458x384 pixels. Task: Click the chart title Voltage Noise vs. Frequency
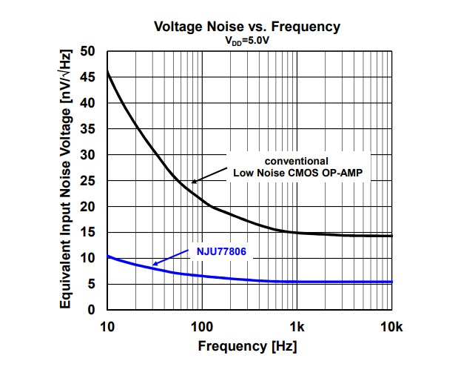[247, 27]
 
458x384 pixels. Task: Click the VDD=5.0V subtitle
[246, 42]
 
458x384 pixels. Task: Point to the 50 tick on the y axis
[87, 52]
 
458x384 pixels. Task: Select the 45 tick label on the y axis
[87, 78]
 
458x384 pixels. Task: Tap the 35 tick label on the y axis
[87, 129]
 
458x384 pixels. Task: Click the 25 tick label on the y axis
[87, 181]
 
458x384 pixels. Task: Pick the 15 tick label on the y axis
[87, 233]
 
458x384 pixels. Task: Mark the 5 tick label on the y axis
[91, 284]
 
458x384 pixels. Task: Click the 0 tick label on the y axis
[91, 310]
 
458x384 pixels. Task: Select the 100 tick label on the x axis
[201, 327]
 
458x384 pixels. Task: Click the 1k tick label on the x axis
[297, 327]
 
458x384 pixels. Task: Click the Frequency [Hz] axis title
[246, 346]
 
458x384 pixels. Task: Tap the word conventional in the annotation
[297, 160]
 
